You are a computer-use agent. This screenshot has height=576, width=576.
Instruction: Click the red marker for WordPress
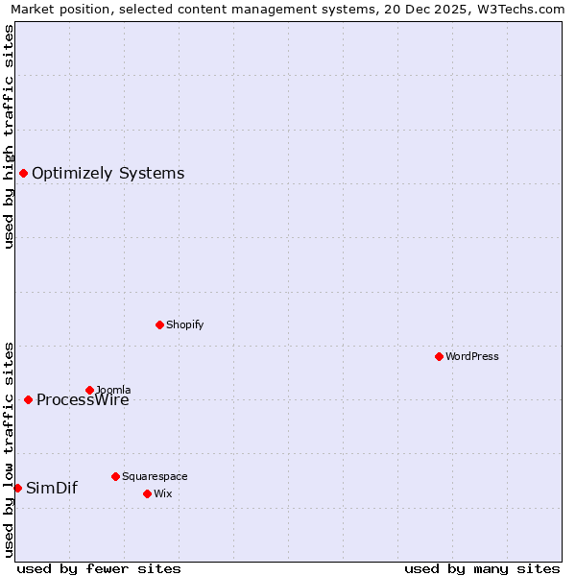439,356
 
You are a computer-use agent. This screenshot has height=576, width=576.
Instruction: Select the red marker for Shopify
159,324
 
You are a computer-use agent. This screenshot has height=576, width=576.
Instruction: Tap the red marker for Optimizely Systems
23,173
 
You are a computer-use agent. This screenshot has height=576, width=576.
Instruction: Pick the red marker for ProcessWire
28,399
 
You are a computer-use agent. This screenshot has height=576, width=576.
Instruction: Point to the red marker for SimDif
17,488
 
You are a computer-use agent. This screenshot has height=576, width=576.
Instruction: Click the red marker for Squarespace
115,476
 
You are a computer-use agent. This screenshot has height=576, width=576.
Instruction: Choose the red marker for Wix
147,493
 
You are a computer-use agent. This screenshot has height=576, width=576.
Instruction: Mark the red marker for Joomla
89,390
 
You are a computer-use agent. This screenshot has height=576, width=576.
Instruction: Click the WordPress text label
472,356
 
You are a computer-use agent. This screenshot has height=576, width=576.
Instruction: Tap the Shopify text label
185,324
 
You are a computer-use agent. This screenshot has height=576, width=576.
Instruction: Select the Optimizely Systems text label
108,174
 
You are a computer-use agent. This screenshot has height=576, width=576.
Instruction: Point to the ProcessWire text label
83,400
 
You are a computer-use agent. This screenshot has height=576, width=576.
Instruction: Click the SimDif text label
52,488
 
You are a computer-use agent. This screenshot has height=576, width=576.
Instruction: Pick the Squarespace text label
155,476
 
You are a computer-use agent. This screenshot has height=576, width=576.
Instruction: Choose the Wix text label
163,493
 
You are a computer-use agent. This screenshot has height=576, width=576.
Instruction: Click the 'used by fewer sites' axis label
99,568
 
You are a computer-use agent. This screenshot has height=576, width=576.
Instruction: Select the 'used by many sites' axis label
482,568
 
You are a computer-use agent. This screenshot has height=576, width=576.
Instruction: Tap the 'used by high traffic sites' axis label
10,136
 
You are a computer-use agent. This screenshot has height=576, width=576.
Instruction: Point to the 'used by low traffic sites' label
10,448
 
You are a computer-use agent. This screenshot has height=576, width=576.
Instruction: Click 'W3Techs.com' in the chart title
524,10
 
